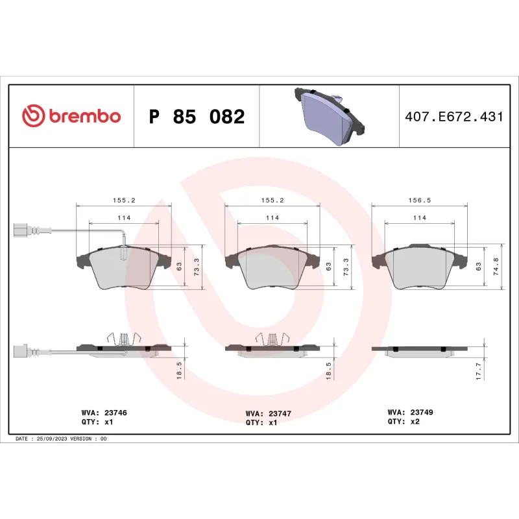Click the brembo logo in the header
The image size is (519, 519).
pyautogui.click(x=71, y=116)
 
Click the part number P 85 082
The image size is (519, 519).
pyautogui.click(x=197, y=117)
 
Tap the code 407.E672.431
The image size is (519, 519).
pyautogui.click(x=453, y=117)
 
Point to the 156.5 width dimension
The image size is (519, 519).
pyautogui.click(x=420, y=201)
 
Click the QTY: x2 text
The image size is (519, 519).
pyautogui.click(x=404, y=421)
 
